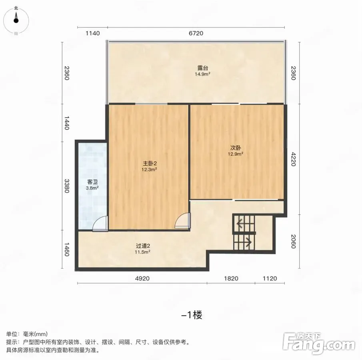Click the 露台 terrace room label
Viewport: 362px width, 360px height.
coord(203,68)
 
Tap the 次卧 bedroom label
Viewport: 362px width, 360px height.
coord(236,148)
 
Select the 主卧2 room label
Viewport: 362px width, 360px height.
coord(150,164)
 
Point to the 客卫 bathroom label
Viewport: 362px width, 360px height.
coord(92,182)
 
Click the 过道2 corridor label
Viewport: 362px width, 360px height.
coord(143,246)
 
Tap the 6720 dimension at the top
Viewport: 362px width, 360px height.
coord(196,33)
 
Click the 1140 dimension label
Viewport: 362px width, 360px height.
coord(92,33)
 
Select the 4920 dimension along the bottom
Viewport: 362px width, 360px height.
coord(142,278)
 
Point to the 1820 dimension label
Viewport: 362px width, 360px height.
coord(231,278)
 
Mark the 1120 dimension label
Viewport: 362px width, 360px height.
coord(270,278)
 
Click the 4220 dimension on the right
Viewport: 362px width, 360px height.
coord(293,159)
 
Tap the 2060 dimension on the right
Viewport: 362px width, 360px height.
coord(293,241)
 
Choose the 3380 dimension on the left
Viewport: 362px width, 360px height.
coord(66,186)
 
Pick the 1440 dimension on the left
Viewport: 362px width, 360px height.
coord(66,123)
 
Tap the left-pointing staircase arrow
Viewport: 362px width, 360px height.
coord(240,224)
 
